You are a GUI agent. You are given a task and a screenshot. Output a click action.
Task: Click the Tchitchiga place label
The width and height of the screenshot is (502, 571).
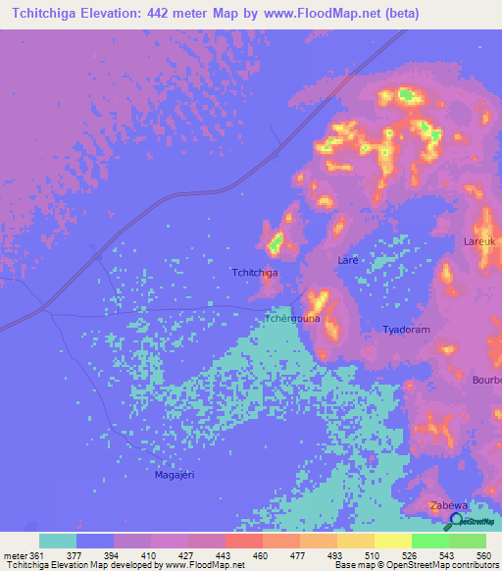(x=254, y=272)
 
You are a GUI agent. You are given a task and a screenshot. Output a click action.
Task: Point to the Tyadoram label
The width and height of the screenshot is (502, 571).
(x=407, y=331)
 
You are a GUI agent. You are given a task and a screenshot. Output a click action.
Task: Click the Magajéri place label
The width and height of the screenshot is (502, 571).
(x=176, y=475)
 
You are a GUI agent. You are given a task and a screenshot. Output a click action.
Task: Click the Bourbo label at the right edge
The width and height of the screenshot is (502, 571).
(x=486, y=380)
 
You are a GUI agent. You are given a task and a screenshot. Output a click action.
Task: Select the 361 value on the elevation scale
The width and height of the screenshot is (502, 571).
(x=37, y=555)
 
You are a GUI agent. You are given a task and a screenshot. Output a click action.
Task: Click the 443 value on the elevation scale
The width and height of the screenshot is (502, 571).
(x=224, y=555)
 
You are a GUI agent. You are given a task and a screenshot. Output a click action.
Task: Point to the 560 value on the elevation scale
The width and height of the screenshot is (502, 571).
(x=484, y=555)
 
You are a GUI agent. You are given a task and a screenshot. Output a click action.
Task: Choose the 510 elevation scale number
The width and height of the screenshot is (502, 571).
(x=373, y=555)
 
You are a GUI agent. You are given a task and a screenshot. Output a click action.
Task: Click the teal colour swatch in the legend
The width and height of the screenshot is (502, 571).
(x=58, y=541)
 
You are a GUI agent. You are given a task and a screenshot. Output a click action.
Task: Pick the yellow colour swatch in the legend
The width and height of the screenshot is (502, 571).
(x=392, y=541)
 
